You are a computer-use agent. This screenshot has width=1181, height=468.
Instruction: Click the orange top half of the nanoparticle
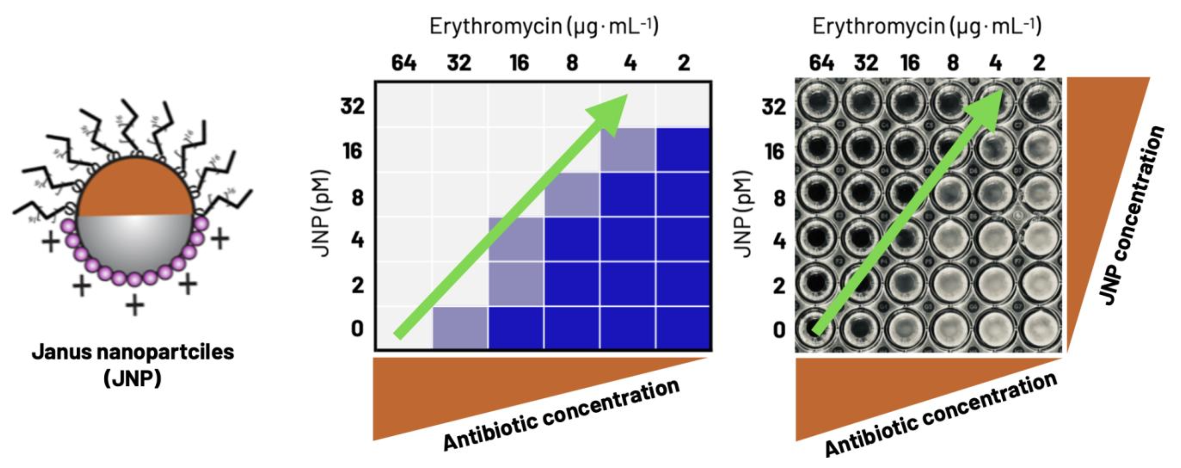[135, 188]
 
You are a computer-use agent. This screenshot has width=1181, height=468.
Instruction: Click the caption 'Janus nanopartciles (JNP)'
[133, 365]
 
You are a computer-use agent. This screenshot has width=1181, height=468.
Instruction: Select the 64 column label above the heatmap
[404, 63]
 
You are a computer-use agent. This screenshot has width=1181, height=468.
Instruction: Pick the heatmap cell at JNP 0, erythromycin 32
[460, 329]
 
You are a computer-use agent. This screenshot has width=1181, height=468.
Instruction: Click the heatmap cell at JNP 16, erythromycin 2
[683, 150]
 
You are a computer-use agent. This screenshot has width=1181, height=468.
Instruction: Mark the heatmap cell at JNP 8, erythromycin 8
[572, 195]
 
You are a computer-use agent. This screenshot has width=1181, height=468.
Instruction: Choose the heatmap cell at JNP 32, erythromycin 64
[404, 104]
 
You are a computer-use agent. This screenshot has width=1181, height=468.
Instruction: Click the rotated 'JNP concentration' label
[1132, 216]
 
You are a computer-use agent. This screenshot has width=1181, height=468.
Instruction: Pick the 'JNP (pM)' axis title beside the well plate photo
[743, 214]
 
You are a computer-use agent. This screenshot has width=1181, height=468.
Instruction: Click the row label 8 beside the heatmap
[358, 198]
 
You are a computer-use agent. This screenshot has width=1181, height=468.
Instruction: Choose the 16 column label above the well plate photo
[909, 63]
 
